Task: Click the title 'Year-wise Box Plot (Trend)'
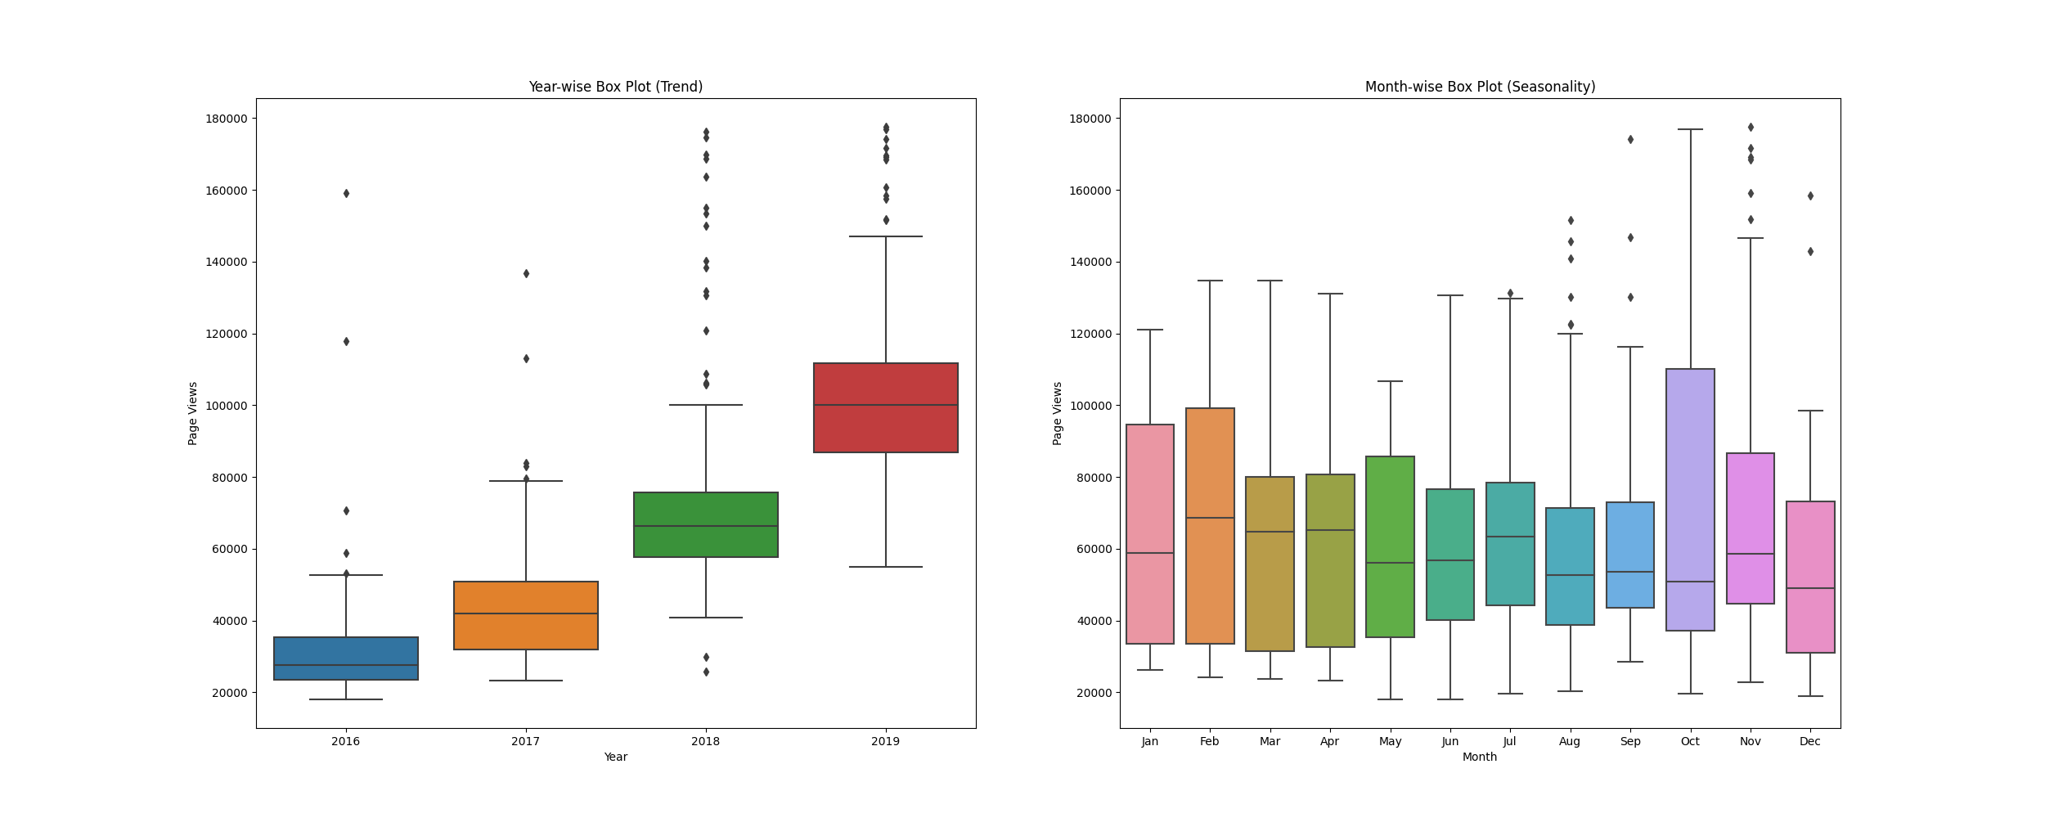coord(615,87)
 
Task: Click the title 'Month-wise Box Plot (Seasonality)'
coord(1480,87)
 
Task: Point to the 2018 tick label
coord(705,742)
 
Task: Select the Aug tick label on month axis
coord(1570,742)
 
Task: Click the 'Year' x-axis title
coord(615,757)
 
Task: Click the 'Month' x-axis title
coord(1480,757)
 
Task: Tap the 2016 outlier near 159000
coord(346,194)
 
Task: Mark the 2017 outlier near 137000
coord(526,273)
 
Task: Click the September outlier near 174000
coord(1630,140)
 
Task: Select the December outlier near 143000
coord(1810,252)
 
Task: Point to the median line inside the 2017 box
coord(526,613)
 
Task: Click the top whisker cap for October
coord(1690,129)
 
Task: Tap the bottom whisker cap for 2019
coord(886,567)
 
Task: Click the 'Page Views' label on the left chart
coord(193,413)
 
